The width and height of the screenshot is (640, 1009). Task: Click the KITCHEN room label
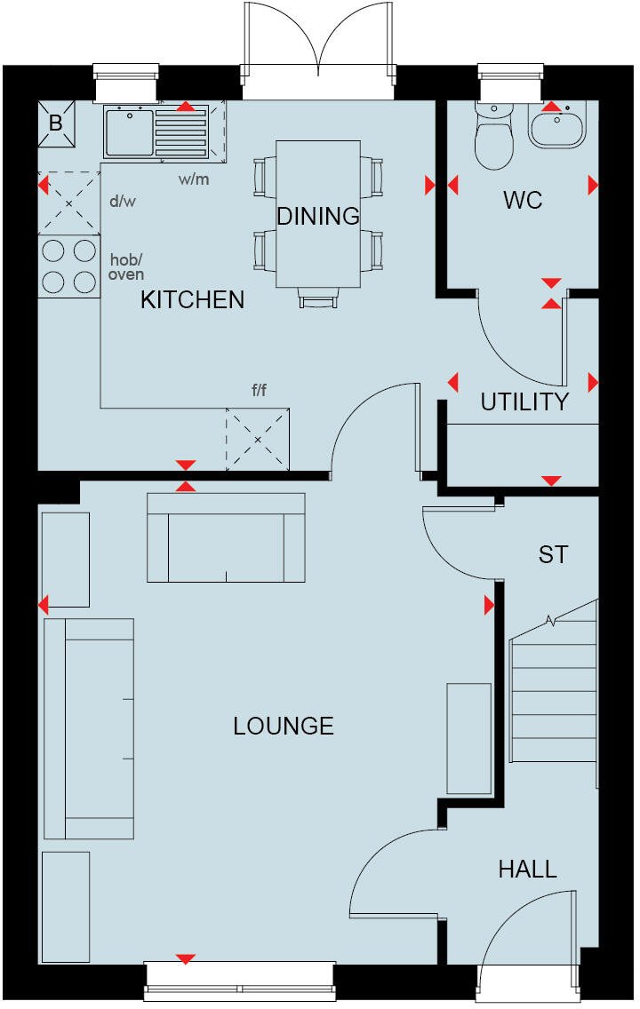click(192, 299)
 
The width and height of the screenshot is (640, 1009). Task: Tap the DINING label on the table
click(317, 216)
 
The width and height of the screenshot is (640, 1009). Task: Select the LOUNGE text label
click(283, 726)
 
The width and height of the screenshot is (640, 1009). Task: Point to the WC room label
click(522, 200)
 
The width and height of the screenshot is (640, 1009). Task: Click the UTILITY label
click(524, 401)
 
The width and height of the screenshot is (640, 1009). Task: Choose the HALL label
click(527, 869)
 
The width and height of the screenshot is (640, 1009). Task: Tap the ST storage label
click(552, 555)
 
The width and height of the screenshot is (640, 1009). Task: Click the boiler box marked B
click(55, 123)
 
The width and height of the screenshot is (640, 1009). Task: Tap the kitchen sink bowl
click(129, 130)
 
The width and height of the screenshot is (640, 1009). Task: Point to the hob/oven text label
click(126, 266)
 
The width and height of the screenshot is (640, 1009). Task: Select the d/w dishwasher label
click(122, 201)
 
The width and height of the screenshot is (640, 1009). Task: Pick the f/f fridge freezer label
click(258, 392)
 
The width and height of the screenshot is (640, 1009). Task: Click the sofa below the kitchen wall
click(225, 538)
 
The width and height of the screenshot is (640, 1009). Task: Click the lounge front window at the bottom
click(240, 980)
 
